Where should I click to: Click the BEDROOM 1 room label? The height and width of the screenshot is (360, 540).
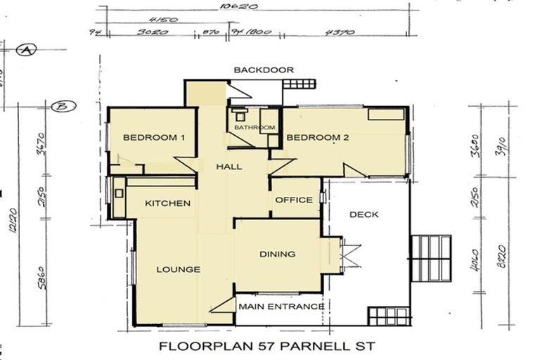pos(153,138)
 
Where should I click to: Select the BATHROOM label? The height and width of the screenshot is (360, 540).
pos(255,127)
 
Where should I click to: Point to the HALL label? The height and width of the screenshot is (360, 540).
pos(229,167)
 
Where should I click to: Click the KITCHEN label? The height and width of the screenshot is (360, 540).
pos(167,203)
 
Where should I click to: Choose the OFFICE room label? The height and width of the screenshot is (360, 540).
pos(294,200)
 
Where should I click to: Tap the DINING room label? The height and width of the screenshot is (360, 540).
pos(277,255)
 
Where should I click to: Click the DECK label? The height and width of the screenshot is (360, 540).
pos(364,214)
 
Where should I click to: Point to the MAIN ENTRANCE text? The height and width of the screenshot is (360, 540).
pos(281,307)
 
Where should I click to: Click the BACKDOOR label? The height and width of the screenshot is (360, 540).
pos(264,70)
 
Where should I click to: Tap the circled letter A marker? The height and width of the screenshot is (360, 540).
pos(27,51)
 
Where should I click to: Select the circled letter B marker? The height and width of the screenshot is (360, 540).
pos(63,107)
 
